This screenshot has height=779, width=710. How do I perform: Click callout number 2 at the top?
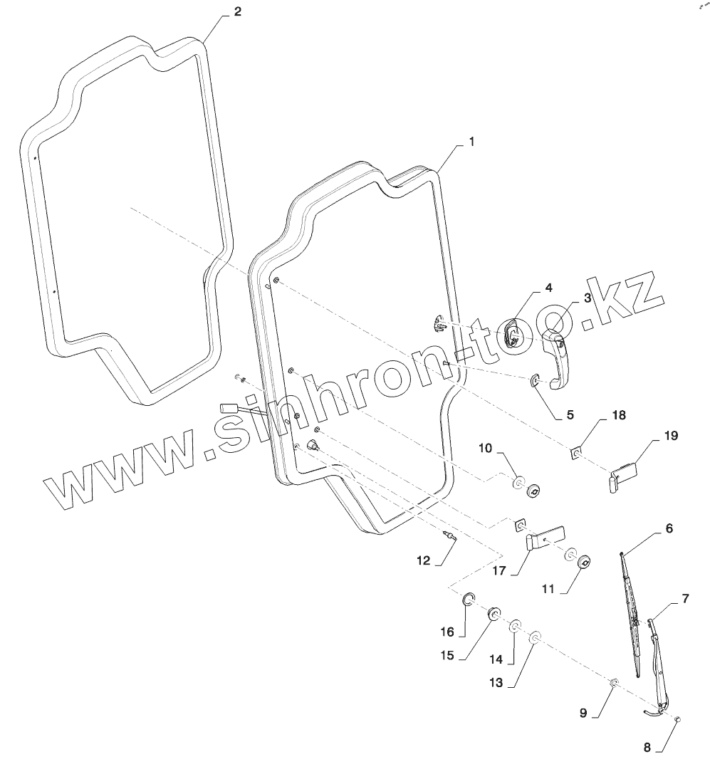tap(238, 13)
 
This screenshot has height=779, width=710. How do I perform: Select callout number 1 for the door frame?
tap(471, 142)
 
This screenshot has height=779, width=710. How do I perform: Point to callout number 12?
tap(424, 561)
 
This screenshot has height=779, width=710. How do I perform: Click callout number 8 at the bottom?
tap(647, 748)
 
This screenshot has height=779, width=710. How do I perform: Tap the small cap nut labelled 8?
tap(678, 720)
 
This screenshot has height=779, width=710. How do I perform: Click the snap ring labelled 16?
tap(469, 600)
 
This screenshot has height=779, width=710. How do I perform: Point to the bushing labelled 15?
tap(492, 615)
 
